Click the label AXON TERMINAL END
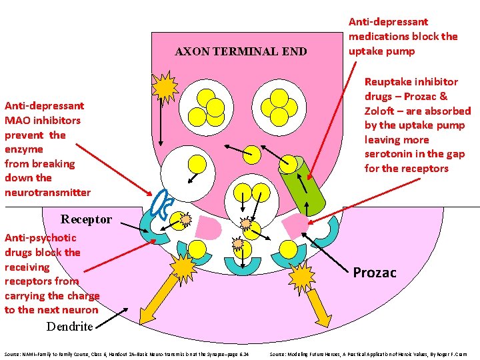pyautogui.click(x=241, y=51)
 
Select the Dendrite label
pyautogui.click(x=69, y=326)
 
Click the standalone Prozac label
pyautogui.click(x=374, y=272)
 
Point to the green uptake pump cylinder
pyautogui.click(x=304, y=184)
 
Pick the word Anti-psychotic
pyautogui.click(x=40, y=237)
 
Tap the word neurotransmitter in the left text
pyautogui.click(x=47, y=192)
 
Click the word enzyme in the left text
pyautogui.click(x=23, y=149)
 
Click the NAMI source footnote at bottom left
pyautogui.click(x=126, y=353)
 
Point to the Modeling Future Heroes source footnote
pyautogui.click(x=368, y=353)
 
